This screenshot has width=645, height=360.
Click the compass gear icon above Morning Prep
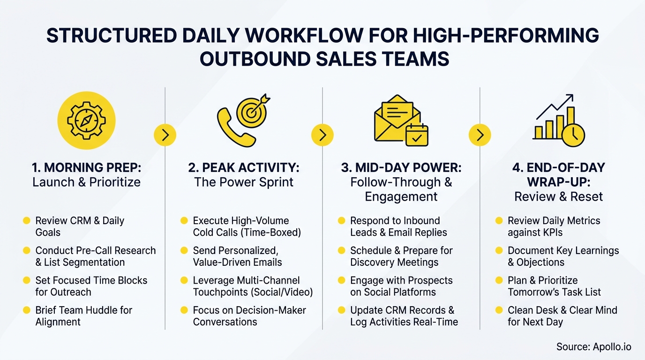(86, 120)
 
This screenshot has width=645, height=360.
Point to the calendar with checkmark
(416, 135)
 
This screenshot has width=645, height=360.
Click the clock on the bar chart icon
(573, 135)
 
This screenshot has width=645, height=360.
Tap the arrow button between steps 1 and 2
(165, 135)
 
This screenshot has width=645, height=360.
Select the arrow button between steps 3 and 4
(480, 135)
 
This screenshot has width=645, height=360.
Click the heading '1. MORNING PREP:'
(86, 168)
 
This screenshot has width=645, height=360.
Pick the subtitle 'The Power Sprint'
(244, 182)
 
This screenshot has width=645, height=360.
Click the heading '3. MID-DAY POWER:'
(401, 168)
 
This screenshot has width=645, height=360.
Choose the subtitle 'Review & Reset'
(558, 196)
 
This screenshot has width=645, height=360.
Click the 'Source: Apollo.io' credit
(593, 347)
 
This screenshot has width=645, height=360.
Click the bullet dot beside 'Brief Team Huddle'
(26, 310)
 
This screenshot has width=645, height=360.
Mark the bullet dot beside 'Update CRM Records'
(341, 310)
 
